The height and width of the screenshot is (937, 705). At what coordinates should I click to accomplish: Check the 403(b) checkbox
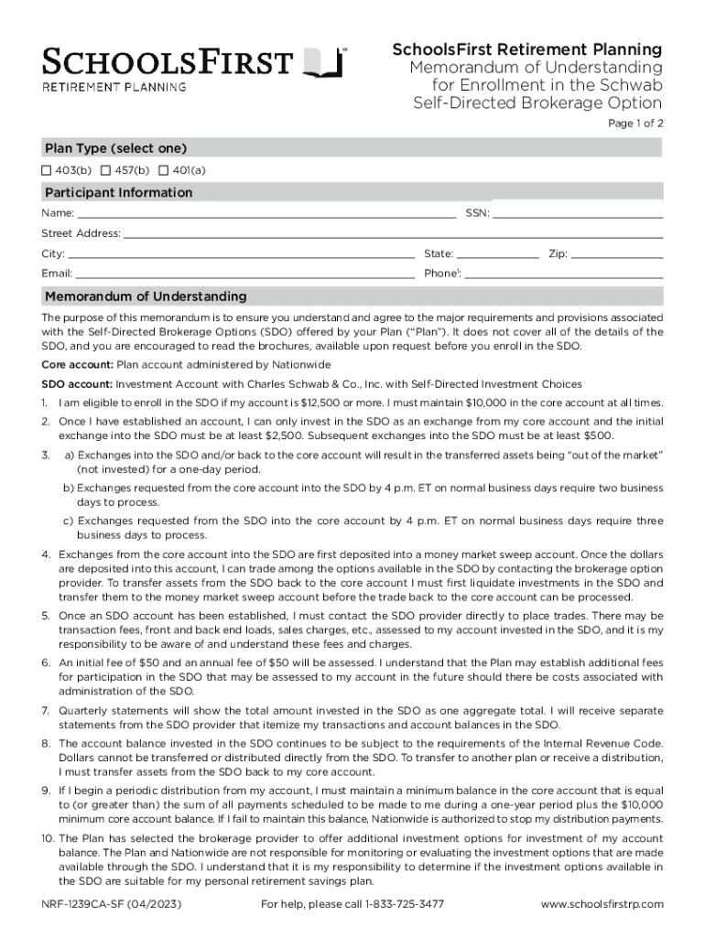point(46,170)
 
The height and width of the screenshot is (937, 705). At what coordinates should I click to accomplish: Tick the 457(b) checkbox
point(105,170)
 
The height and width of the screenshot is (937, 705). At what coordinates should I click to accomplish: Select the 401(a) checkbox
point(164,170)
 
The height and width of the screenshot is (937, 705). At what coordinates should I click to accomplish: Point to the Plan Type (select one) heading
point(116,148)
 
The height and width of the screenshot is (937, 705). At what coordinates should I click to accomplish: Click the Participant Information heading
point(119,192)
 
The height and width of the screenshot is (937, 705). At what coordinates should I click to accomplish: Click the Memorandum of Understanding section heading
point(146,296)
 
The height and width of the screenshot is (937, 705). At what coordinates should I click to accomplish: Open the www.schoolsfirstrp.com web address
point(602,904)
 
